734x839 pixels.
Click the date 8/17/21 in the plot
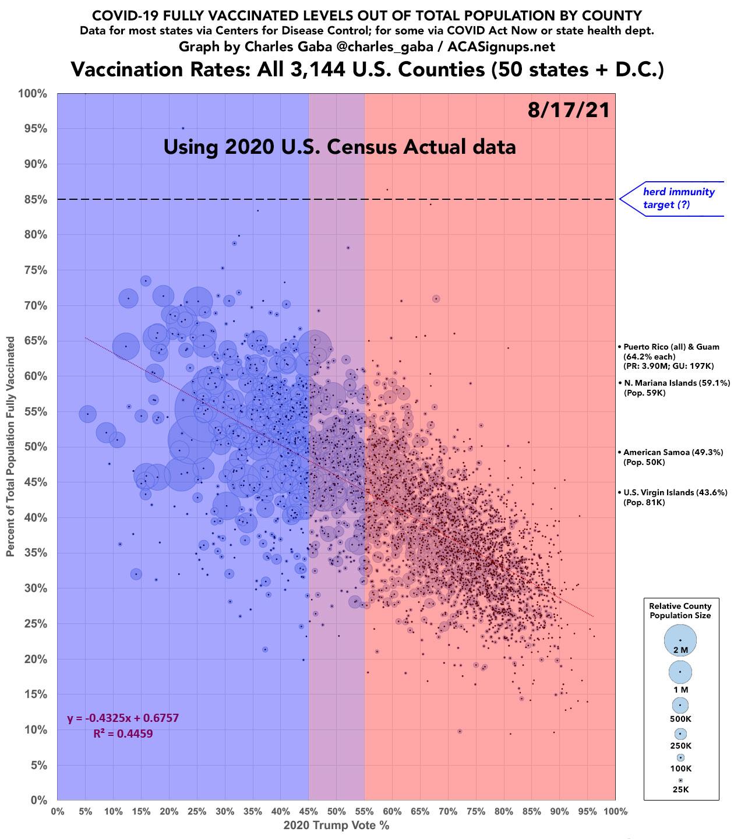click(x=569, y=110)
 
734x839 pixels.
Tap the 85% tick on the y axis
click(x=35, y=200)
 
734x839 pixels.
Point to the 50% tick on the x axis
click(x=336, y=812)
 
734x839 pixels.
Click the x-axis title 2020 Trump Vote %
click(x=336, y=826)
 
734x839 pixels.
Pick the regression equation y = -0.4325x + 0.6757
click(x=123, y=718)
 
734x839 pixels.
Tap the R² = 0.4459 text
click(x=123, y=734)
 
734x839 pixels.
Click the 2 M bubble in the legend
click(x=680, y=640)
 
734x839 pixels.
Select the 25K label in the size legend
click(x=680, y=789)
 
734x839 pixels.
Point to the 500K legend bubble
click(x=680, y=705)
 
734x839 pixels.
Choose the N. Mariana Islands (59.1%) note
click(x=676, y=383)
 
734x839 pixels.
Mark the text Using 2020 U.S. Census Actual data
click(x=340, y=146)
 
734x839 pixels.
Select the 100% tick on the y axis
click(x=33, y=94)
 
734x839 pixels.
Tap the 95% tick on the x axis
click(x=587, y=812)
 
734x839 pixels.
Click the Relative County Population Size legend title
click(x=680, y=611)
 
